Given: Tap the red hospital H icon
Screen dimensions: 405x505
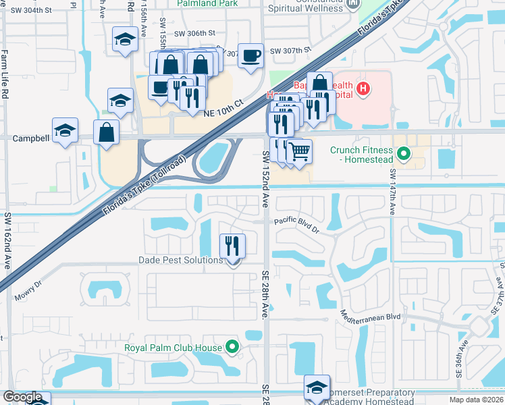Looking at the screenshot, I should point(363,88).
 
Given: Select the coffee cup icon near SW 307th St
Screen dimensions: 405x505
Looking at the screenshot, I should point(250,55).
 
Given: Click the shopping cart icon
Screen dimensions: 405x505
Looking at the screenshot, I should point(299,151).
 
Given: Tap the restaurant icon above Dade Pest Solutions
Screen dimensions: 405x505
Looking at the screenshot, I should point(232,245).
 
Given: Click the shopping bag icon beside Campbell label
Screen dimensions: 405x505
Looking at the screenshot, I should point(107,131).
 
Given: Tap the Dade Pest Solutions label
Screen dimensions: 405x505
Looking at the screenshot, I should point(180,260).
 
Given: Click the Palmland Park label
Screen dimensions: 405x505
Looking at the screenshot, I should point(208,3).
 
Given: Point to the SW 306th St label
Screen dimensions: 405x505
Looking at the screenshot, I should point(194,33).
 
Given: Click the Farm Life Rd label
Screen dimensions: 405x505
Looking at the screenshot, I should point(4,75).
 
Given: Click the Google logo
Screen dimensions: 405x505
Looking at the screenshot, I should point(23,397).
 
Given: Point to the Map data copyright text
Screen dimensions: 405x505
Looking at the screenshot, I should point(477,400).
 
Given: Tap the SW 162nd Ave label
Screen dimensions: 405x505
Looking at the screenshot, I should point(8,241).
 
